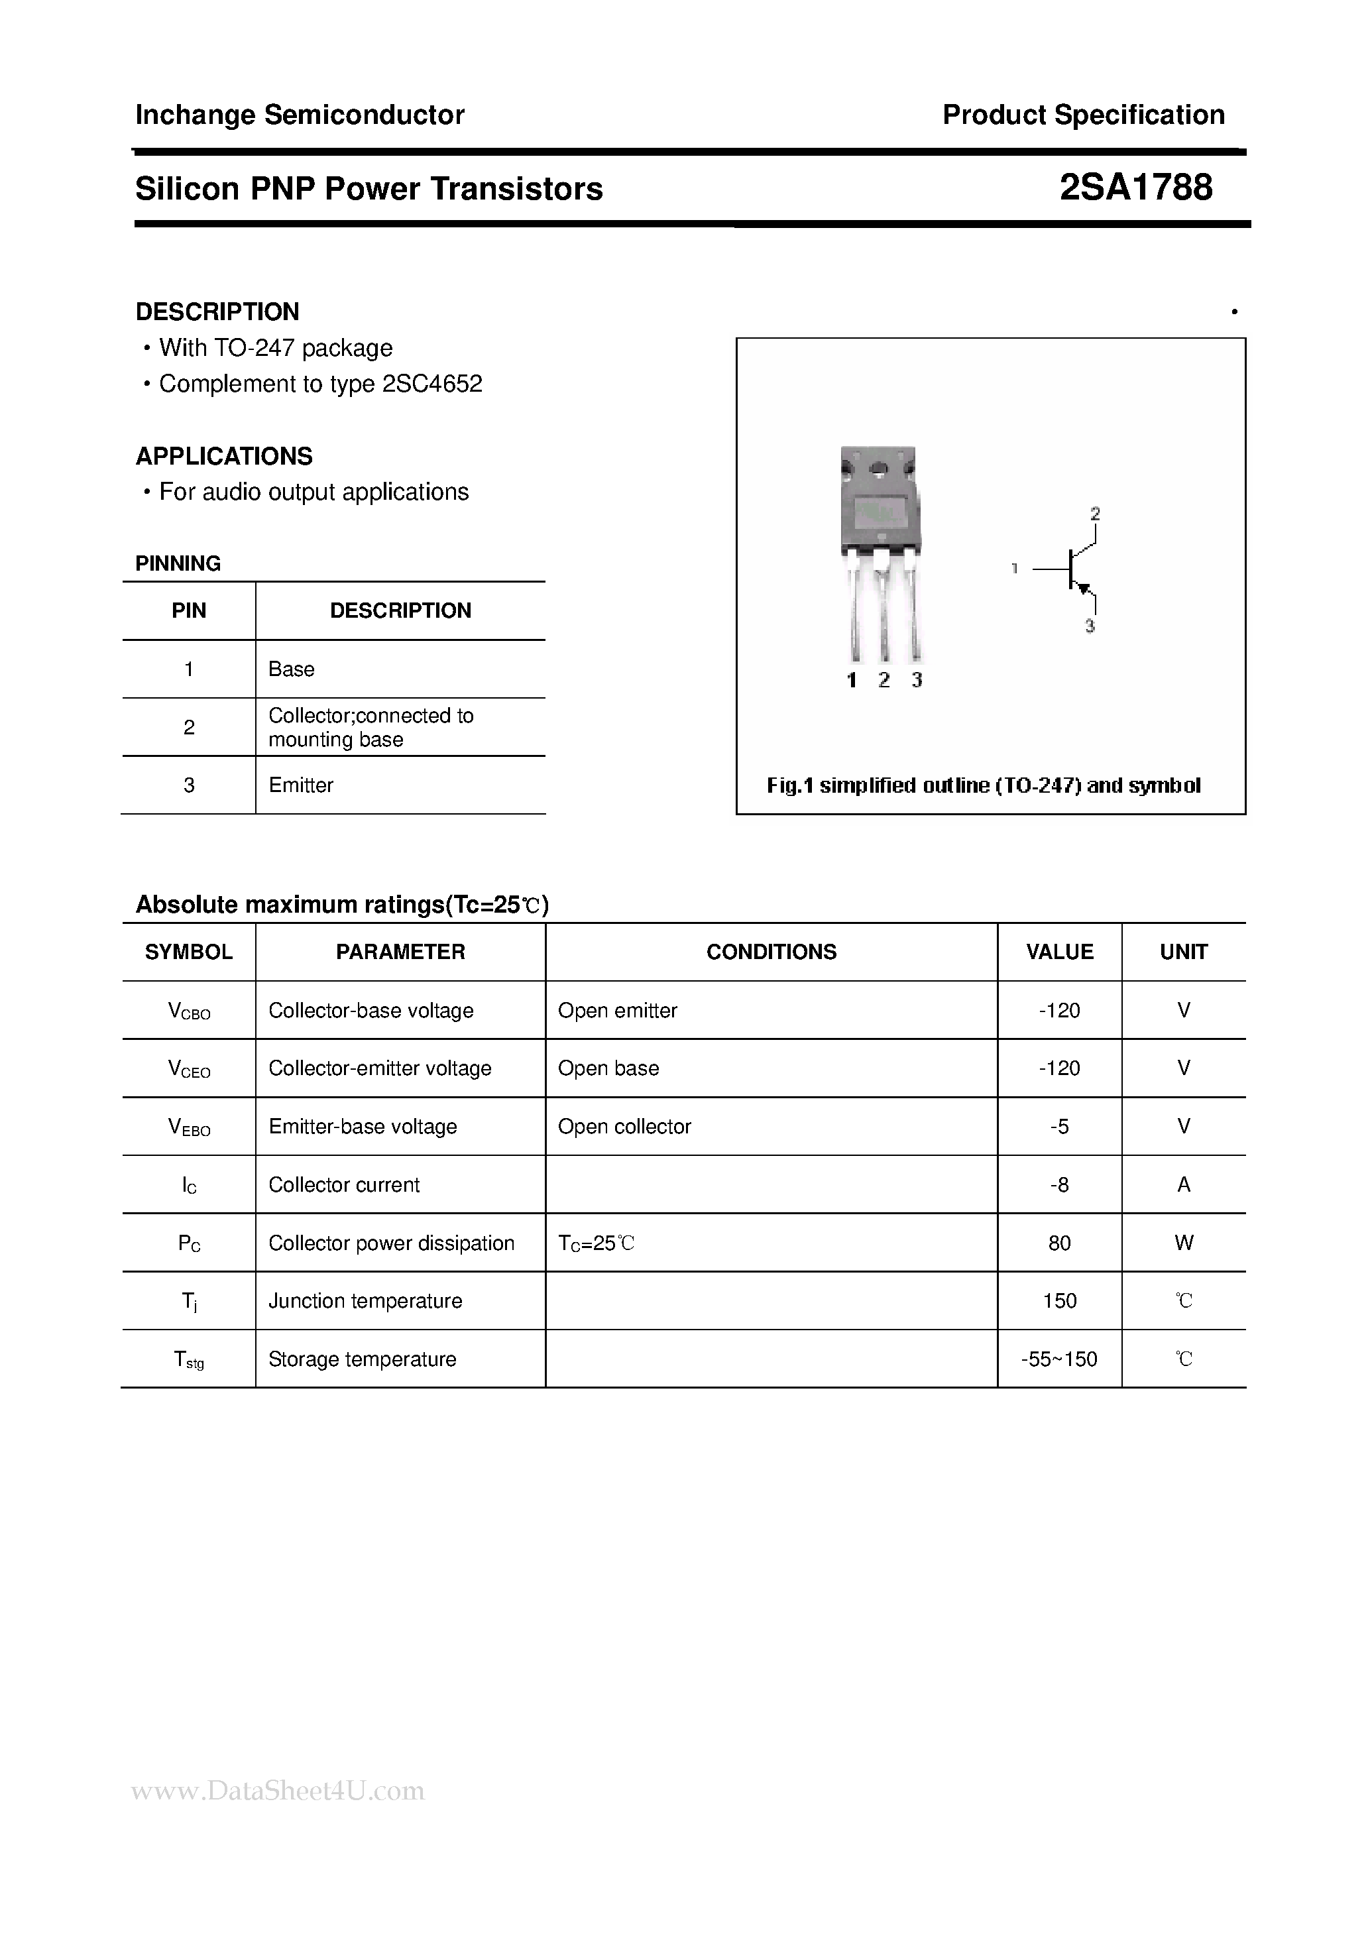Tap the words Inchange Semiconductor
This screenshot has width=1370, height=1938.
[x=300, y=115]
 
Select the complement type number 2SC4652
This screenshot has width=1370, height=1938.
[x=432, y=384]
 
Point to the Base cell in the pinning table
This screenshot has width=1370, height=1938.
[x=291, y=669]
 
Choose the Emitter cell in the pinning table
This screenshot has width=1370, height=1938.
[x=300, y=785]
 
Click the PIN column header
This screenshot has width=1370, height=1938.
[x=188, y=610]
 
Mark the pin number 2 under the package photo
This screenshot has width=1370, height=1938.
[x=884, y=680]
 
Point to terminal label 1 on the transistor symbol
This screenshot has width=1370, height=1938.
[x=1015, y=569]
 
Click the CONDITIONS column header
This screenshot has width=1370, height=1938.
[x=771, y=952]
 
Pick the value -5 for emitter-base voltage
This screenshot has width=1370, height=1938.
[x=1059, y=1127]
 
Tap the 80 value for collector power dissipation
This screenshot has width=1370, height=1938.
[x=1059, y=1243]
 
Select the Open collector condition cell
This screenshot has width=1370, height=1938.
[x=624, y=1127]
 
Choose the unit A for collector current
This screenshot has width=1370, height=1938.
[x=1184, y=1185]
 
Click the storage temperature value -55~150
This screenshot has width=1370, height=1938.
[x=1059, y=1359]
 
